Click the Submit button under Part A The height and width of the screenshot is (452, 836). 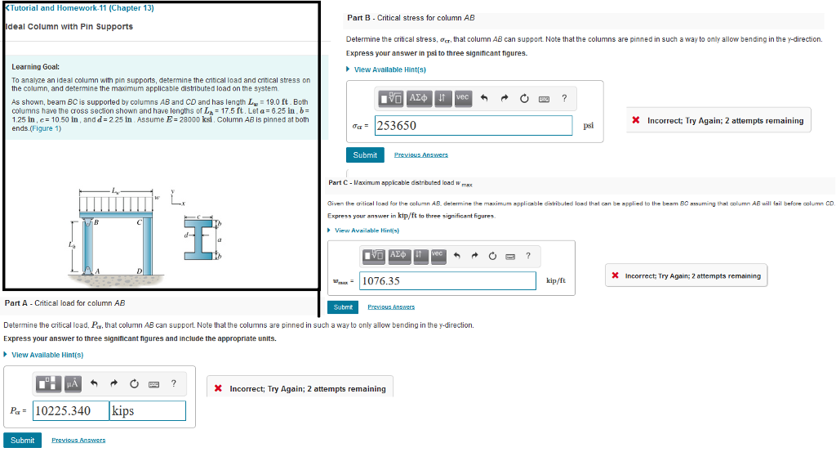click(22, 440)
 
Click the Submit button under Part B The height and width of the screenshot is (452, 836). click(365, 154)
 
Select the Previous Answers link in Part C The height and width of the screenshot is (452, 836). click(391, 307)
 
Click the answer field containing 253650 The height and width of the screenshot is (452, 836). click(473, 125)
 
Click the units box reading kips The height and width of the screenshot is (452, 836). click(148, 410)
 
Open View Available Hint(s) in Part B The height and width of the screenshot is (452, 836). click(389, 69)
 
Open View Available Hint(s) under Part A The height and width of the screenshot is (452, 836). click(47, 355)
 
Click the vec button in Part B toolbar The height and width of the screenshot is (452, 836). click(462, 98)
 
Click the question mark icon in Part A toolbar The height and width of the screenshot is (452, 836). click(173, 383)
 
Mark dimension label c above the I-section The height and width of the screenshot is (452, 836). click(197, 217)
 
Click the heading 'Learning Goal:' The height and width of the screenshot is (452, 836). click(35, 66)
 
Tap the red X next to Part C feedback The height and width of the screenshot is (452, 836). click(615, 275)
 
